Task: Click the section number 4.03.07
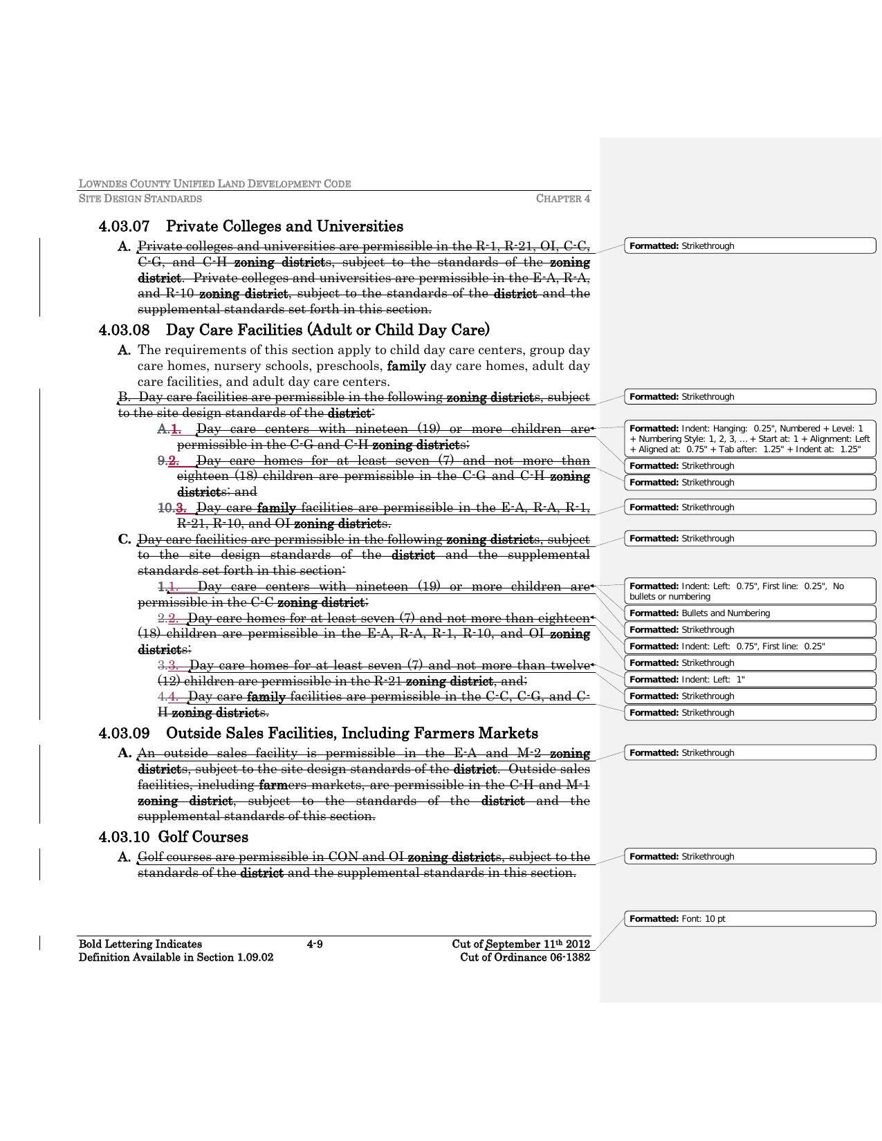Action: coord(125,227)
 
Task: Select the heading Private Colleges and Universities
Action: coord(284,227)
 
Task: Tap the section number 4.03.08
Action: coord(125,330)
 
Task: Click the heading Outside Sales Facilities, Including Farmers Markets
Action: coord(351,734)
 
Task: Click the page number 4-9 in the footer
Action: coord(315,945)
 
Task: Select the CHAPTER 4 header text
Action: coord(562,199)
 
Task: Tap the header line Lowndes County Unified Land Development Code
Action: coord(214,184)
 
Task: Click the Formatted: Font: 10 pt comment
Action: coord(750,919)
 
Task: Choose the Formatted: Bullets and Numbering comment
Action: coord(750,613)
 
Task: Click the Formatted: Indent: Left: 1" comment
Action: coord(750,680)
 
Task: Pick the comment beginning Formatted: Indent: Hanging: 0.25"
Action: coord(750,438)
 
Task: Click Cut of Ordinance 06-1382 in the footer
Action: coord(525,958)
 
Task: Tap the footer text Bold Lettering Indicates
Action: coord(140,945)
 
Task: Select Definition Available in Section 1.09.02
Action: coord(176,958)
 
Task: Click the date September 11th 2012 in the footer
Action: coord(538,945)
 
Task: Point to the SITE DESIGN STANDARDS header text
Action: coord(140,199)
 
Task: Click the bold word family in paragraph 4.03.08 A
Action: coord(406,366)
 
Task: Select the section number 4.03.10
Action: coord(125,837)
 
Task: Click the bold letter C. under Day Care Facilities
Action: coord(125,539)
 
